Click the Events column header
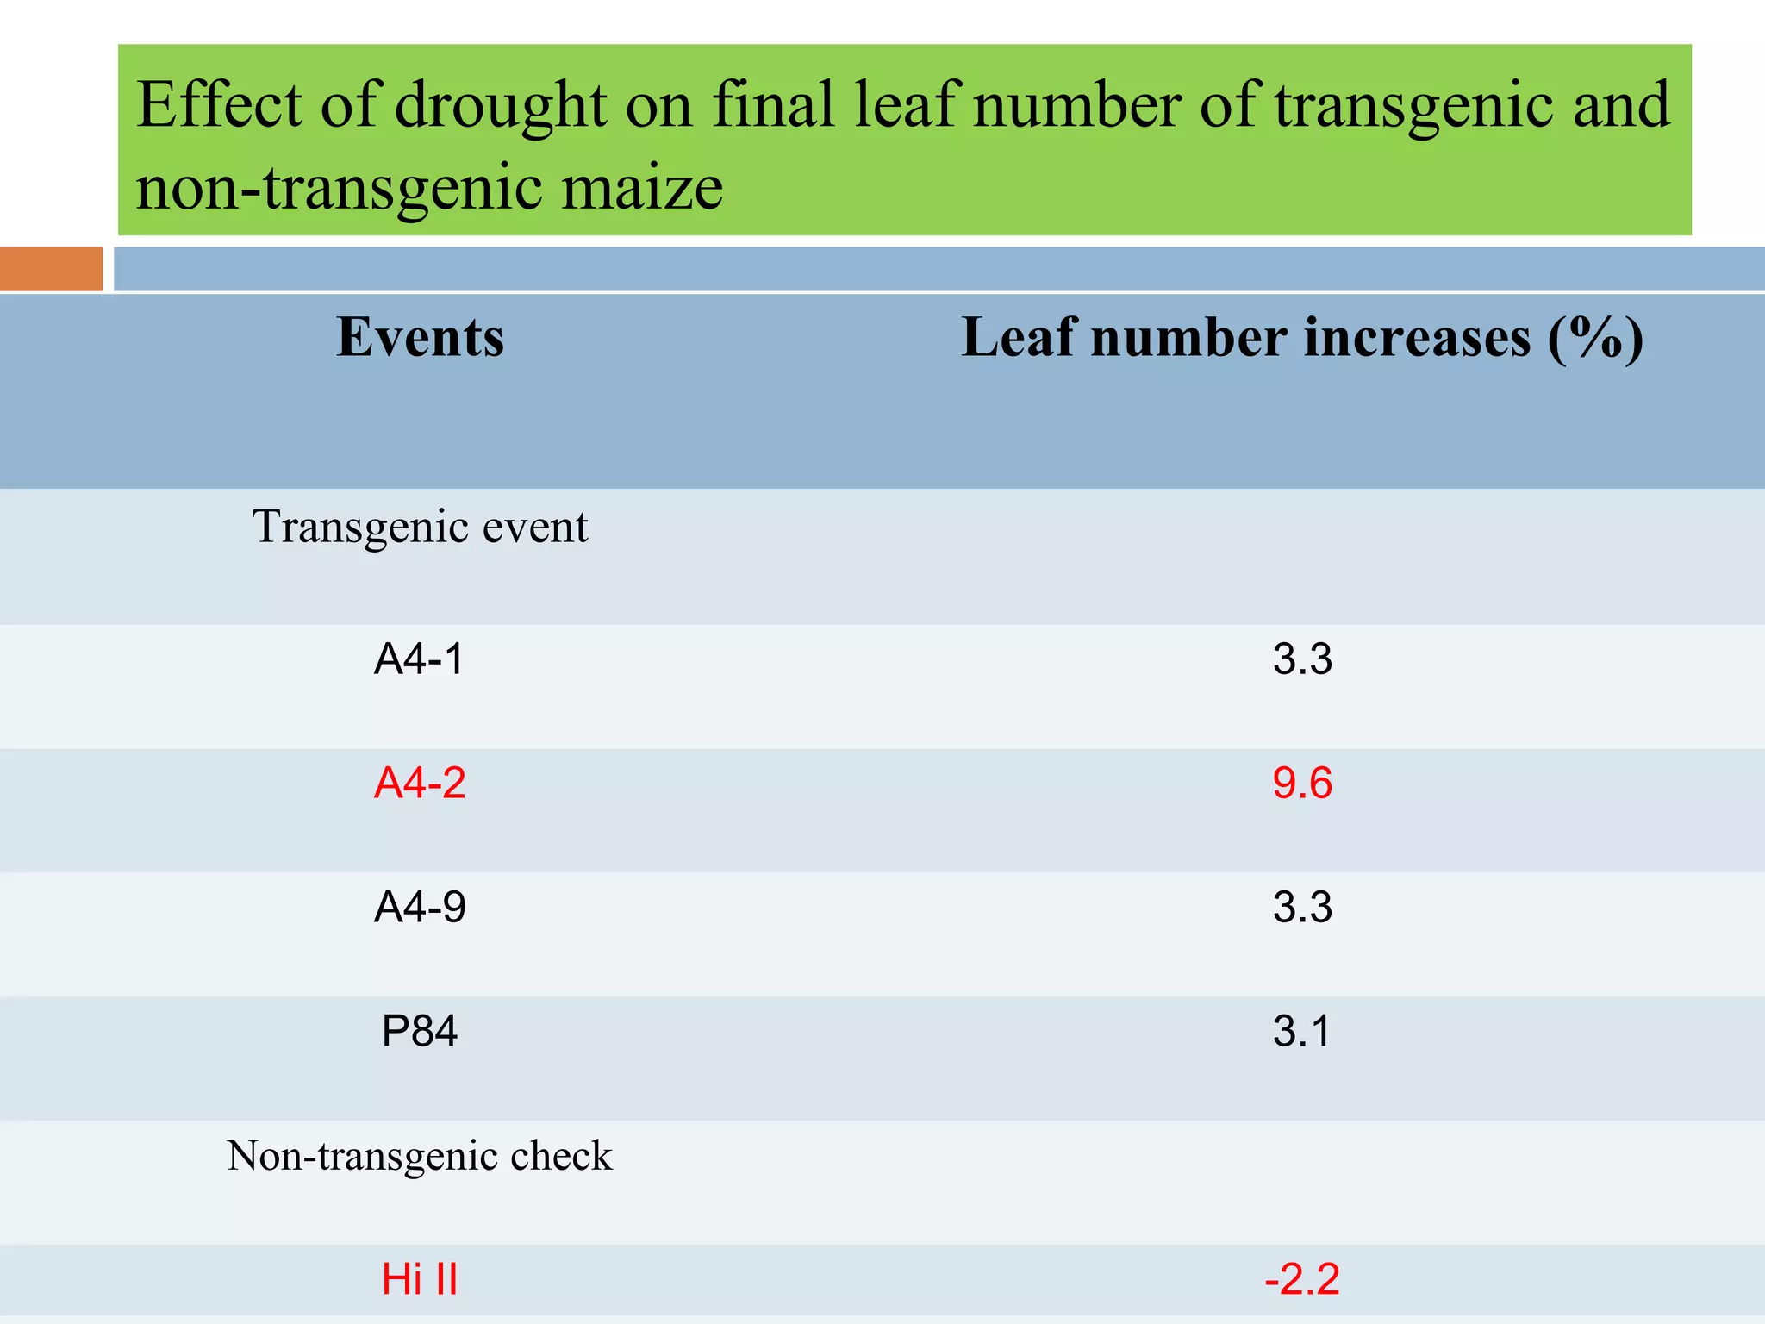(x=420, y=337)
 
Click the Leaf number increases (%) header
(x=1301, y=338)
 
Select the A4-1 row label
(x=420, y=659)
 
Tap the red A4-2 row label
(x=420, y=784)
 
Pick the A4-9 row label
(x=420, y=908)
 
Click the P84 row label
(x=420, y=1032)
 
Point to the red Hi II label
(x=420, y=1279)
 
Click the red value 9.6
(x=1302, y=784)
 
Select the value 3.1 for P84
(x=1302, y=1032)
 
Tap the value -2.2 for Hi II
(x=1302, y=1279)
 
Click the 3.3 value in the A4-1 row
(x=1302, y=659)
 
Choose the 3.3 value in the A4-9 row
(x=1302, y=908)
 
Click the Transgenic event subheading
(x=420, y=527)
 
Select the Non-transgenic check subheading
(x=420, y=1156)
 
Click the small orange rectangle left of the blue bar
(x=51, y=269)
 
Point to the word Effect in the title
(x=220, y=104)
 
